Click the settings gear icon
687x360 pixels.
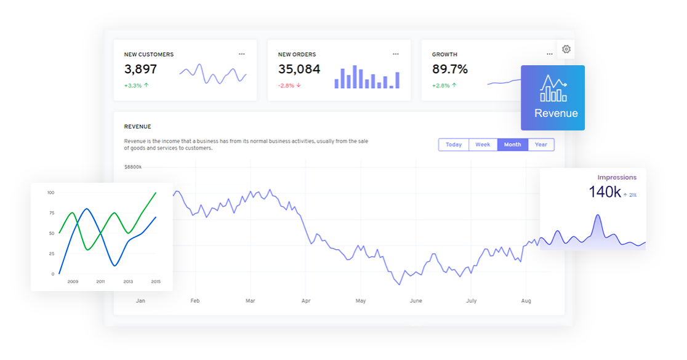566,49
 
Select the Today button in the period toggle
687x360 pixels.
454,145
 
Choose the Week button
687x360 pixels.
483,145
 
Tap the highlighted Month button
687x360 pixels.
512,145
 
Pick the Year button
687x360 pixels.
541,145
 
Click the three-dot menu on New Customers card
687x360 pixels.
242,54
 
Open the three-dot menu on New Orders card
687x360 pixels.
396,54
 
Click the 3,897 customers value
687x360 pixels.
140,70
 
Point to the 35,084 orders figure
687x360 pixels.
299,70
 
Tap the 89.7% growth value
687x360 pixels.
449,70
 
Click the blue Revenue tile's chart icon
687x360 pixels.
553,89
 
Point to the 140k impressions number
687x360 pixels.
605,192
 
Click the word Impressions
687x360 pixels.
617,177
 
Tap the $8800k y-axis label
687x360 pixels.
133,167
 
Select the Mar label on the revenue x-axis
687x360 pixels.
250,301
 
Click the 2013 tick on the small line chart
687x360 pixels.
128,282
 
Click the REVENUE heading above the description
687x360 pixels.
137,127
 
